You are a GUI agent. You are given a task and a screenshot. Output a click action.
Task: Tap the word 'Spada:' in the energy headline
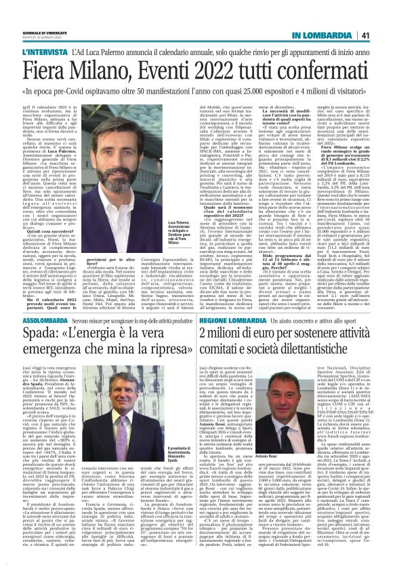click(x=45, y=335)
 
